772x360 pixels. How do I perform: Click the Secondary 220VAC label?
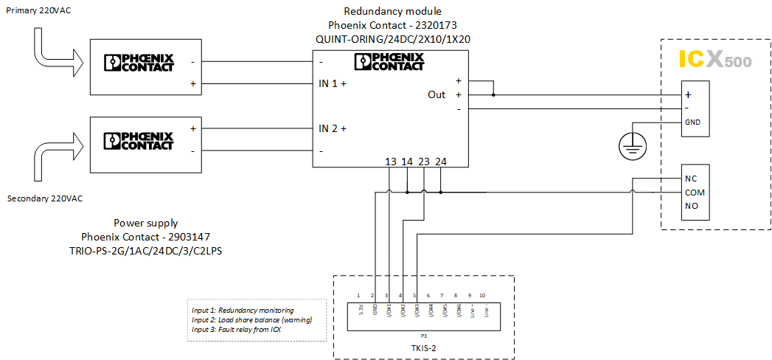point(44,198)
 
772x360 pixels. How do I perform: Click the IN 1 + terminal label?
point(333,83)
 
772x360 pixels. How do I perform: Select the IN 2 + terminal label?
point(333,128)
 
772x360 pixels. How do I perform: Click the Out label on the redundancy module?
point(437,94)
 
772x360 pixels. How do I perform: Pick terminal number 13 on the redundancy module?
point(391,162)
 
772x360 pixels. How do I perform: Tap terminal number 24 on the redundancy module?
point(440,162)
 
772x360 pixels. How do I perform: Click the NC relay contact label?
point(691,179)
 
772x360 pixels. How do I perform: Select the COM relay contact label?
point(695,192)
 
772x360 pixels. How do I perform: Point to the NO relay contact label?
point(691,206)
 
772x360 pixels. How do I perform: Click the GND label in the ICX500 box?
point(692,122)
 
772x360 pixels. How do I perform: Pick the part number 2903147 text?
point(146,236)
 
